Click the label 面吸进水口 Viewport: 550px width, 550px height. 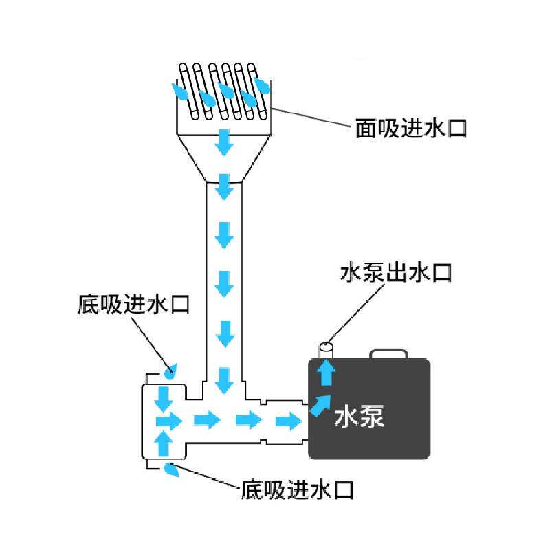(x=411, y=129)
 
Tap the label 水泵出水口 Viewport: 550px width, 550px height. (x=396, y=272)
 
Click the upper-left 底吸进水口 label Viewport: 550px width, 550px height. (x=133, y=305)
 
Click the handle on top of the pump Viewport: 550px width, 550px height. (x=389, y=353)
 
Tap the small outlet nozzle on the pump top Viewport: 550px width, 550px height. (x=327, y=351)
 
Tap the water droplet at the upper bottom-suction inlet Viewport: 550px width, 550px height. (x=170, y=371)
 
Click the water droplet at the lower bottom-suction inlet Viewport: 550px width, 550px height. (x=172, y=471)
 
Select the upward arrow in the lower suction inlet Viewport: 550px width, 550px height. (x=164, y=442)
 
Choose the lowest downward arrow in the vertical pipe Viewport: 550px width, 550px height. (x=223, y=379)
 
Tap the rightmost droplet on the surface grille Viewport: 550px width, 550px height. (x=262, y=86)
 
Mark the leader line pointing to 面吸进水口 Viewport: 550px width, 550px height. (x=313, y=119)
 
